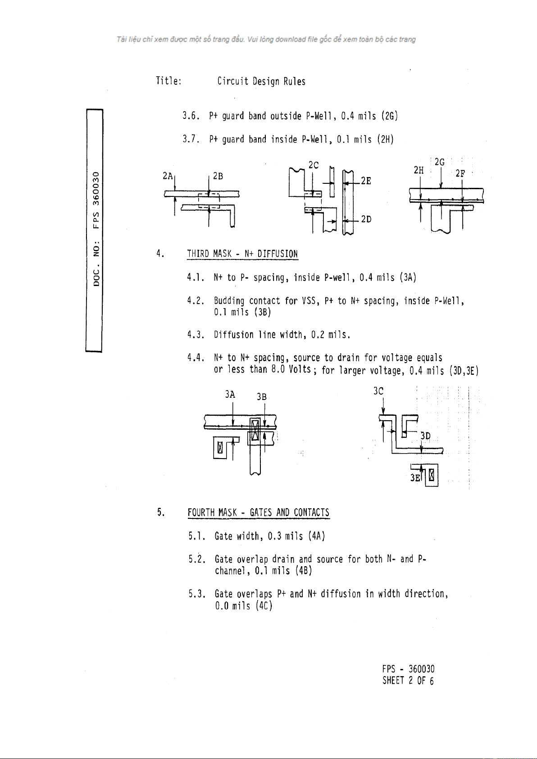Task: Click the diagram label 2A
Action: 167,176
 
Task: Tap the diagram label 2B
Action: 218,176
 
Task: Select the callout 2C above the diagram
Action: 314,165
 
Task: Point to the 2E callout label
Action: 366,181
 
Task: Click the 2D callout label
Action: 366,219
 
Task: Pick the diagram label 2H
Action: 419,170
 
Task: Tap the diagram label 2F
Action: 460,173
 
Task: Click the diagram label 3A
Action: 230,395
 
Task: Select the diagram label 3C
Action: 378,391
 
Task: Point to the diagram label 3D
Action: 425,436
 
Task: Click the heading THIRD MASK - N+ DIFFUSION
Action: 242,254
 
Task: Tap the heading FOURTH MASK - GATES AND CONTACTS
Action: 259,513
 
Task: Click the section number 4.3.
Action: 196,335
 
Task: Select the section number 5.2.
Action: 197,559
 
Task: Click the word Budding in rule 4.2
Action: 229,301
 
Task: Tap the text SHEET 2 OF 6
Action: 408,681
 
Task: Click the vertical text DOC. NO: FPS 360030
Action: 96,228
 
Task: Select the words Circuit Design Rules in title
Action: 261,82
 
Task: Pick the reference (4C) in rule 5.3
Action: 264,606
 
